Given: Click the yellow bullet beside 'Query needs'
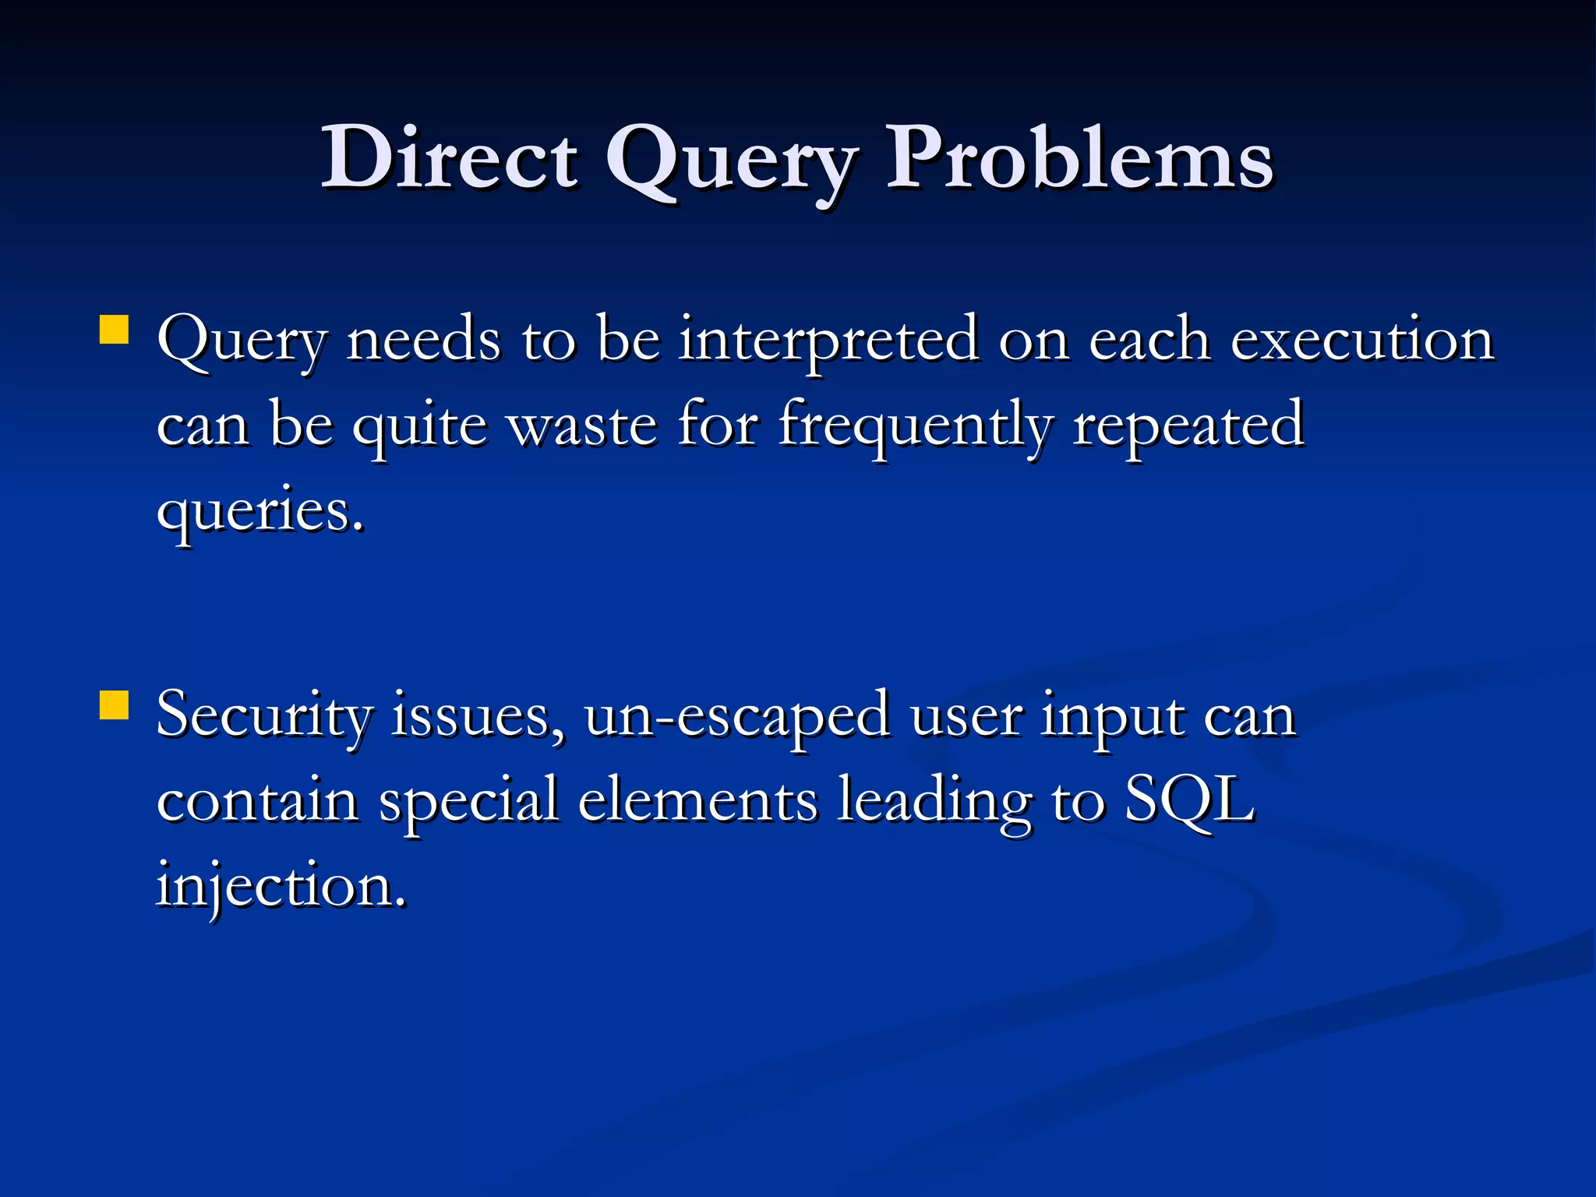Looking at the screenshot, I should (x=115, y=329).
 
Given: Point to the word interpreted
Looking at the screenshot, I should (x=828, y=341).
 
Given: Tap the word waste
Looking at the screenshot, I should (x=583, y=425).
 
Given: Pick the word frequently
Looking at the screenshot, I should (x=915, y=427).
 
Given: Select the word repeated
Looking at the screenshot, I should (x=1188, y=427).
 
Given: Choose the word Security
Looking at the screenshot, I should (x=264, y=715).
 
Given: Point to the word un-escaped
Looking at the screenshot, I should (x=736, y=715).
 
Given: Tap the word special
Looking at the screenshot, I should (x=468, y=801).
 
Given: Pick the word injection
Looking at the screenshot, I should (x=280, y=887).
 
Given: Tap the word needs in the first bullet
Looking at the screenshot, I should (x=423, y=341).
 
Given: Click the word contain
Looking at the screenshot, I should (x=257, y=800).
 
